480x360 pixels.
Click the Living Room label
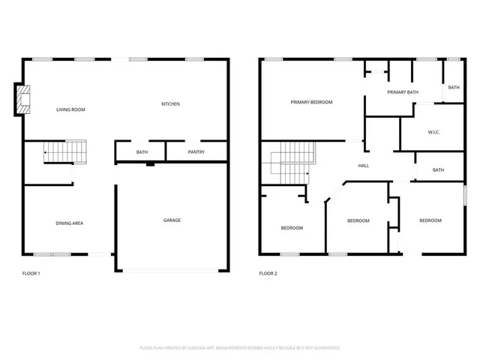click(x=71, y=110)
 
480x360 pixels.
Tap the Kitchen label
click(x=170, y=103)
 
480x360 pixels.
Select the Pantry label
click(x=196, y=152)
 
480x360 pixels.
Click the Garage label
click(x=172, y=220)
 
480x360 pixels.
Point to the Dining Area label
click(x=69, y=223)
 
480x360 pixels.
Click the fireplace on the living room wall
click(x=23, y=100)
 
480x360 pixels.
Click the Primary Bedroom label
click(x=311, y=102)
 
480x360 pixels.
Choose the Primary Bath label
click(x=403, y=92)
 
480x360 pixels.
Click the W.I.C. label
click(x=433, y=132)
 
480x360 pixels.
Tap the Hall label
click(x=363, y=166)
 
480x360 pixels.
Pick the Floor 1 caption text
click(x=31, y=274)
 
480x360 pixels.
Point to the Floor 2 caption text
click(x=268, y=274)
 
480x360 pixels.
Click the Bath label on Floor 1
click(x=142, y=152)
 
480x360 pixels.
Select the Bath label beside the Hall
click(x=438, y=169)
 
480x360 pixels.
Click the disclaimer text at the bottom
click(x=240, y=348)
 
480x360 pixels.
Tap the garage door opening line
click(x=172, y=269)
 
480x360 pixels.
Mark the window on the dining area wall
click(x=52, y=254)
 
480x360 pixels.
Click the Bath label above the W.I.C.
click(x=454, y=88)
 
